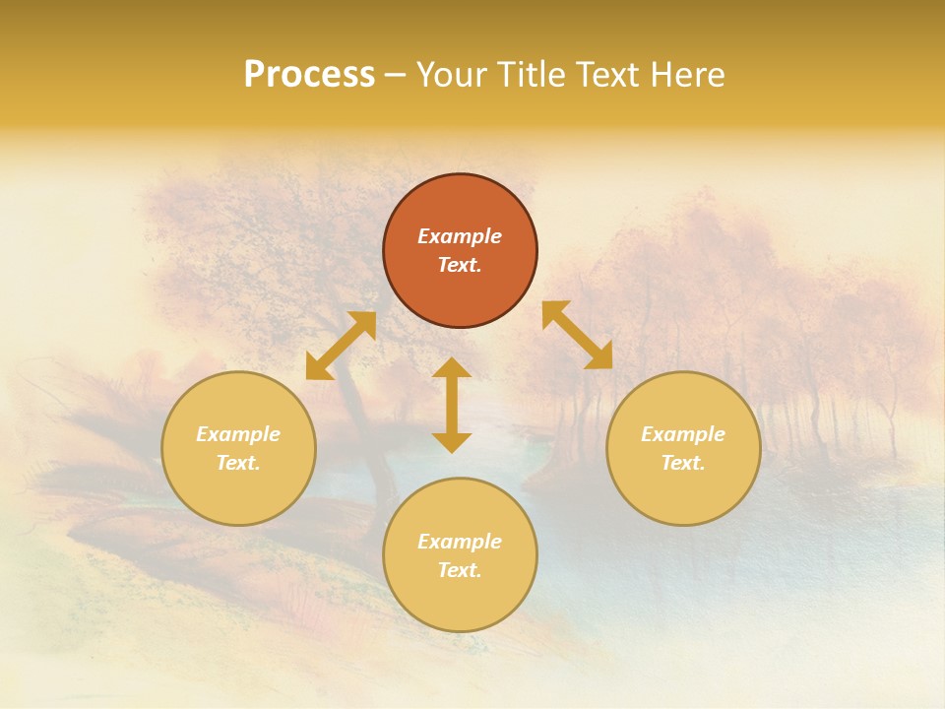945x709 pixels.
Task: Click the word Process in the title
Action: click(x=309, y=75)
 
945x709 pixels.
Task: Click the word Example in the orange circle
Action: click(x=460, y=236)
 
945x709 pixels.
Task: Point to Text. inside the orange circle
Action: click(x=460, y=265)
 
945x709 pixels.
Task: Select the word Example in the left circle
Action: click(x=238, y=434)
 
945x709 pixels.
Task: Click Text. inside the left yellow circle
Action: click(x=238, y=463)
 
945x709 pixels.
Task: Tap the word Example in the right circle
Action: click(x=683, y=434)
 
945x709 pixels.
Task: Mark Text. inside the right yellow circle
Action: click(x=683, y=463)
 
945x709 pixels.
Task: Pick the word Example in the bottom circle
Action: click(x=460, y=542)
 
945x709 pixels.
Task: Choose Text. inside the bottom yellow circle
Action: click(x=460, y=570)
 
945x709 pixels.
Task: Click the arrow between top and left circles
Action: click(x=341, y=346)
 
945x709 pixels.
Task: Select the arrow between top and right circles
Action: click(x=578, y=335)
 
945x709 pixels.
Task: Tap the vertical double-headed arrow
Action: click(x=452, y=405)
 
